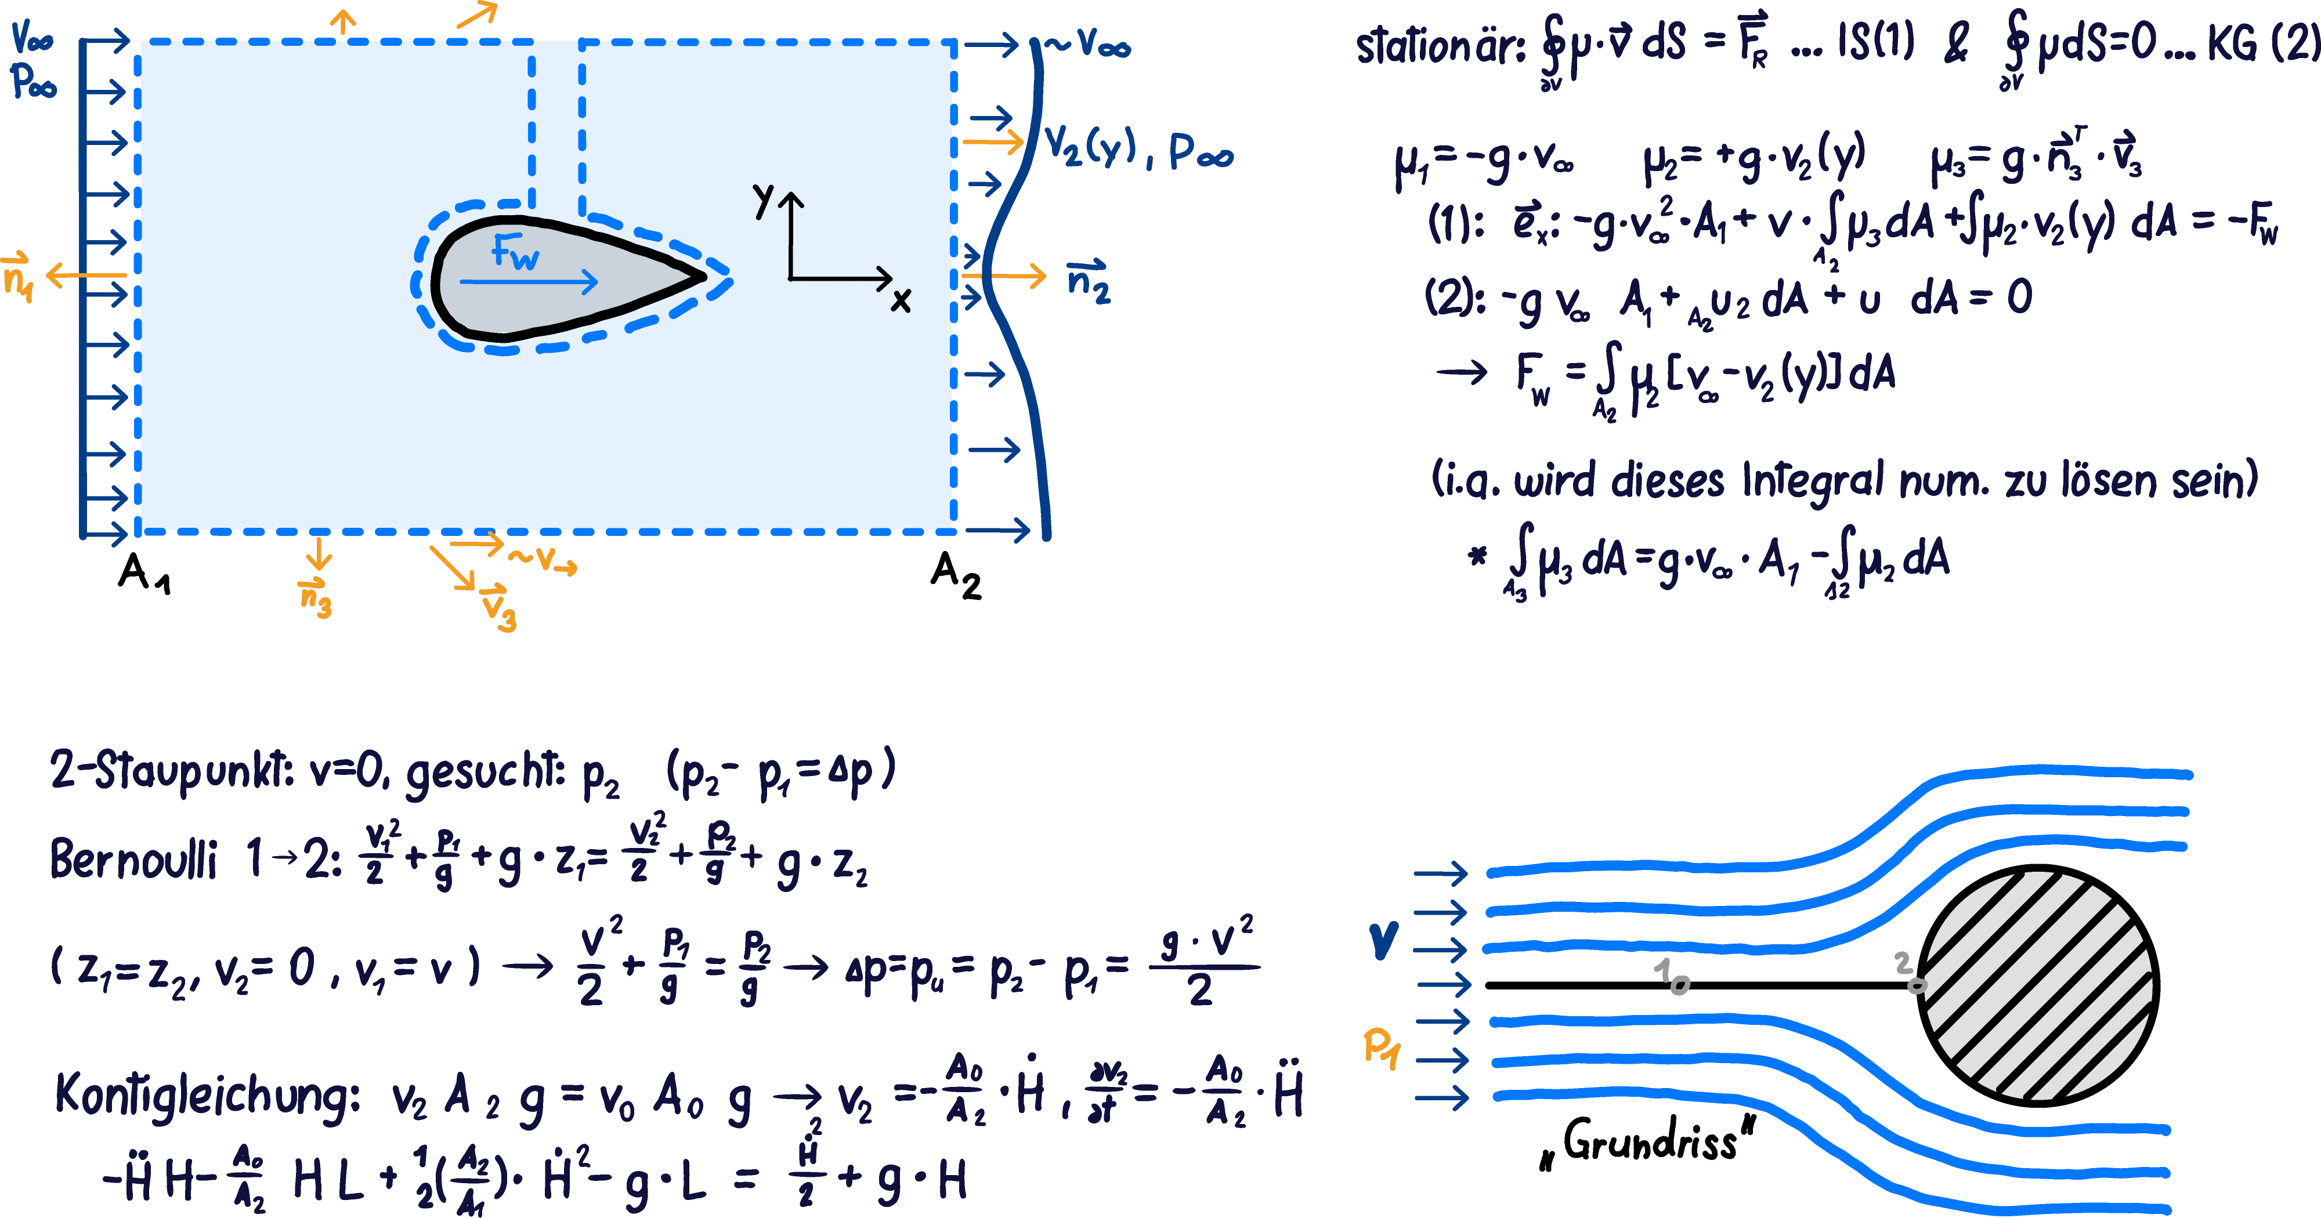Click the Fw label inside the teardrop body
coord(515,253)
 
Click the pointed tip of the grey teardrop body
coord(702,277)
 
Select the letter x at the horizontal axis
coord(900,299)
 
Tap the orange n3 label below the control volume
coord(315,598)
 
